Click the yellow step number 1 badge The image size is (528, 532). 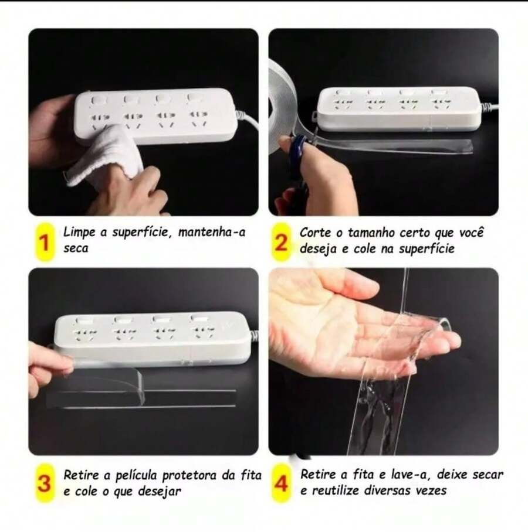click(x=42, y=241)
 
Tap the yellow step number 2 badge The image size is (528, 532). click(x=282, y=241)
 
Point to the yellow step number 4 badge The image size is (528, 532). click(x=282, y=484)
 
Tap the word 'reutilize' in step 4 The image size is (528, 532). click(x=336, y=490)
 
